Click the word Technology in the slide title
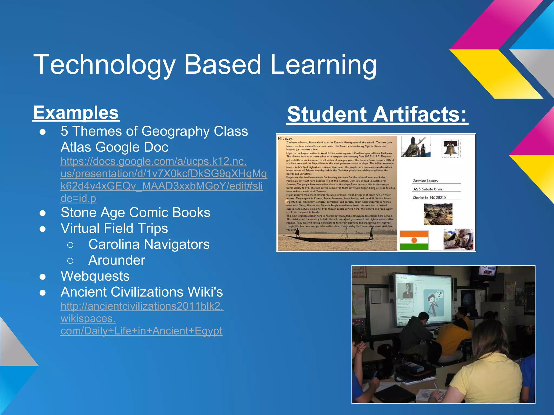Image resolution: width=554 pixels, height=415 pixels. (x=104, y=65)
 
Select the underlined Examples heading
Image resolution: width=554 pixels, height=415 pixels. (x=76, y=113)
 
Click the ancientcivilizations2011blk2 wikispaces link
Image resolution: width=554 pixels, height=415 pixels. (x=142, y=319)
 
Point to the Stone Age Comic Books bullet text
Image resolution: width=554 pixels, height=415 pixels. (x=135, y=212)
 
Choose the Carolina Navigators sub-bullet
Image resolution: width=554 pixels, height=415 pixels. (x=149, y=244)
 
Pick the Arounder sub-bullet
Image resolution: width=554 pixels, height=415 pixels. (x=117, y=260)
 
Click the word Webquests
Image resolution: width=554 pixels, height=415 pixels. (x=95, y=276)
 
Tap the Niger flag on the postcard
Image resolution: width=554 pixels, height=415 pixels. (x=414, y=240)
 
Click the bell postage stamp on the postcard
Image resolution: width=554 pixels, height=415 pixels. (x=451, y=148)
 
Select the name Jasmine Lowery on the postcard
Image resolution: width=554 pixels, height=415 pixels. (x=425, y=181)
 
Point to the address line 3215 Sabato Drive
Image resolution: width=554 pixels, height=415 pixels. (x=427, y=189)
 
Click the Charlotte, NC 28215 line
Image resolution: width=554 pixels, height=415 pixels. (x=429, y=198)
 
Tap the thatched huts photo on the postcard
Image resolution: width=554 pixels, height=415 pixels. (x=438, y=214)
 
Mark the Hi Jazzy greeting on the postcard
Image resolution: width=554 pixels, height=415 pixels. (x=285, y=139)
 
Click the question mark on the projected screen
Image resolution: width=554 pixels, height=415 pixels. (x=439, y=294)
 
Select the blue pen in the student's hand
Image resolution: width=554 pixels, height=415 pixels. (x=375, y=374)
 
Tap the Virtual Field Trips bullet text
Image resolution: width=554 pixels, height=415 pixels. (x=114, y=228)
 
